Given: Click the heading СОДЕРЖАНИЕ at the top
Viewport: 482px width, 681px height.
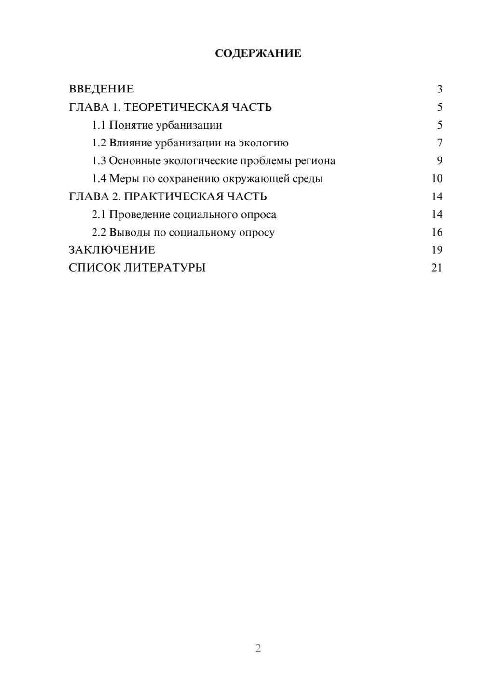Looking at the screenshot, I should [258, 53].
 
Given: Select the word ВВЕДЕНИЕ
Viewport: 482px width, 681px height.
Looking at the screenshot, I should [101, 89].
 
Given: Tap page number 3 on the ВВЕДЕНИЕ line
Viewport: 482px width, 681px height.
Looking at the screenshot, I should [440, 89].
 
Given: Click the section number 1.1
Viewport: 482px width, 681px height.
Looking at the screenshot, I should [99, 125].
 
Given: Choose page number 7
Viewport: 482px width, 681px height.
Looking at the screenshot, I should [440, 143].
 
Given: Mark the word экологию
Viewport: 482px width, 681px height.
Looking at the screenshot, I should [264, 143].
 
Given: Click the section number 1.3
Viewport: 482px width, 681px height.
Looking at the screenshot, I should [99, 161].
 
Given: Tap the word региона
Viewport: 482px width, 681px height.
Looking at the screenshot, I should [315, 161].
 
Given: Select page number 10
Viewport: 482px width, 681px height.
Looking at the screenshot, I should [437, 179].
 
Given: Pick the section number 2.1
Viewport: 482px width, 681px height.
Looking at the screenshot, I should [99, 214].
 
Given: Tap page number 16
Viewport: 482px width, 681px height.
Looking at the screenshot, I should [437, 232].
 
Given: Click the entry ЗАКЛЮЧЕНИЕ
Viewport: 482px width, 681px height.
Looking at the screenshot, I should [112, 250].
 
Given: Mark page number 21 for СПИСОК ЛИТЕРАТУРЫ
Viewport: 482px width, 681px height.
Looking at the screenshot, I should [437, 268].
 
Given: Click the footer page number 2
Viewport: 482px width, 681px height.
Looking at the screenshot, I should [258, 648].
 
